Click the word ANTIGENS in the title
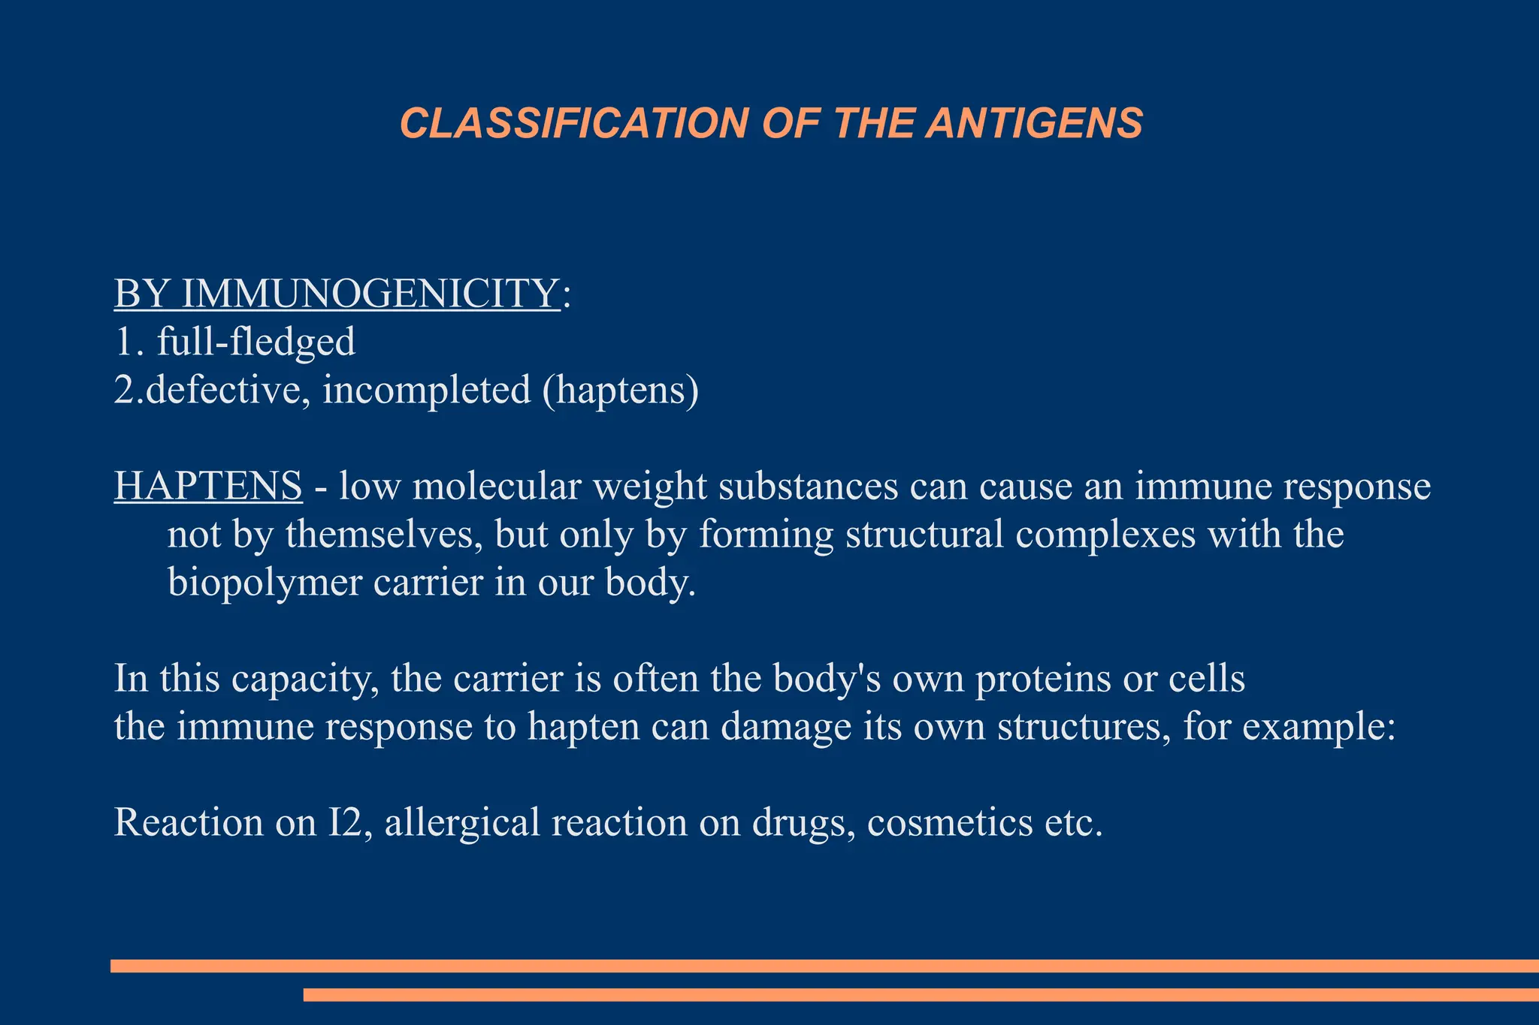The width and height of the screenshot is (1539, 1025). point(1034,123)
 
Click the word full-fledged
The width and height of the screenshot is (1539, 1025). point(255,342)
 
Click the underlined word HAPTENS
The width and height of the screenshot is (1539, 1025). point(208,486)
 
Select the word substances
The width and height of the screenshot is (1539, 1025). point(809,486)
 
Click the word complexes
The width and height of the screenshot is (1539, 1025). point(1105,535)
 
